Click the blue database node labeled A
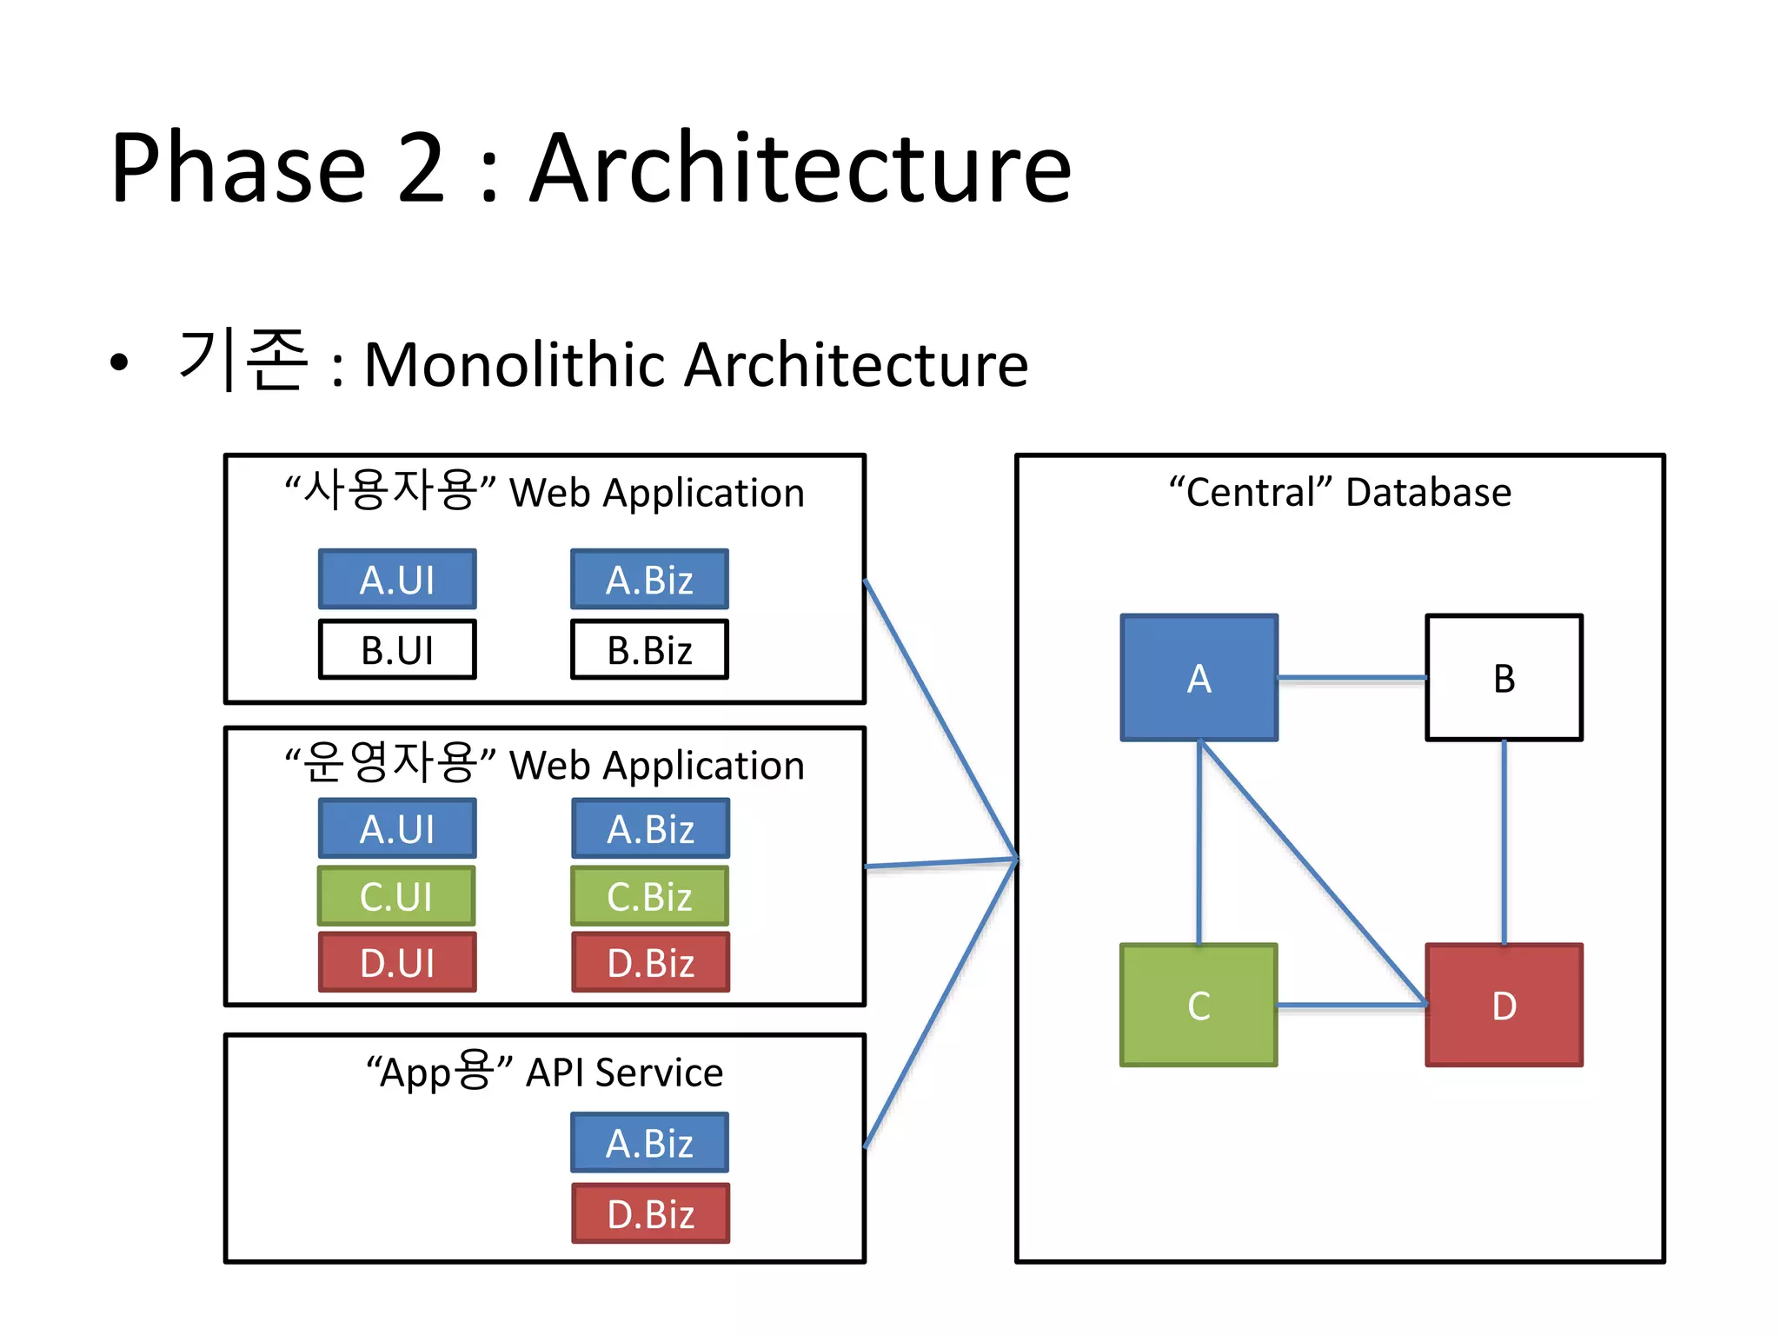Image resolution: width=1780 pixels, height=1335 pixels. (x=1199, y=677)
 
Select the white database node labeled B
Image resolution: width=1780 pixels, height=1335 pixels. (x=1504, y=677)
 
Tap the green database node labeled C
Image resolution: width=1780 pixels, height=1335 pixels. (x=1199, y=1005)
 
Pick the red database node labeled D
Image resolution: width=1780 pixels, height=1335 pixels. (x=1504, y=1005)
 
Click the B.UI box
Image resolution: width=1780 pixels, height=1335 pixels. (x=397, y=649)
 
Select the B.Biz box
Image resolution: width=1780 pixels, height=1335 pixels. (x=649, y=649)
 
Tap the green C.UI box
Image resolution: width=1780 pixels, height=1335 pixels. (x=396, y=895)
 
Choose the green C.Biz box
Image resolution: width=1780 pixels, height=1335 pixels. (x=649, y=895)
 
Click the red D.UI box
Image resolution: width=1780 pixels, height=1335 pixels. (x=397, y=962)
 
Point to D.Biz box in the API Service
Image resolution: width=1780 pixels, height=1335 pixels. (x=650, y=1213)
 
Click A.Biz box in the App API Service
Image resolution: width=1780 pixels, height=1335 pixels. (x=649, y=1142)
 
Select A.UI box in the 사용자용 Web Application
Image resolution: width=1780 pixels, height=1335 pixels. (x=397, y=579)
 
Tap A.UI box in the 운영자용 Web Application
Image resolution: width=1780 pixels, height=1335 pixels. (x=397, y=828)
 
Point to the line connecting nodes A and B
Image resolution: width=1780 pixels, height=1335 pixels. (x=1352, y=677)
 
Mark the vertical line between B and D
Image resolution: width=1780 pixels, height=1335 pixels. (x=1504, y=841)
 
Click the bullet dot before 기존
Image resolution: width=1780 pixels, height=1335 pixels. (x=119, y=362)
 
